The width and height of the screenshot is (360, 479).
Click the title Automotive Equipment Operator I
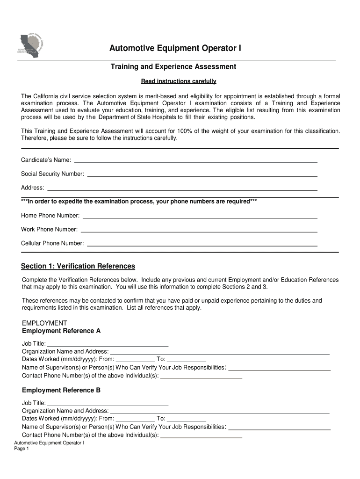click(175, 49)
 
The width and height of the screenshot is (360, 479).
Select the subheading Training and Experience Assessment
click(173, 67)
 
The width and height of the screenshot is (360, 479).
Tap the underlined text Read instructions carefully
click(179, 81)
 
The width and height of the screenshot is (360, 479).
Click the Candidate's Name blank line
click(196, 160)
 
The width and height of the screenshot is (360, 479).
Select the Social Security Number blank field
click(202, 174)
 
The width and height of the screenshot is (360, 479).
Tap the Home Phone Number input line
click(200, 216)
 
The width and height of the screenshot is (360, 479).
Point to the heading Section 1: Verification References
click(78, 266)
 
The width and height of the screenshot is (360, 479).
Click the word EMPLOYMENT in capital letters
click(45, 323)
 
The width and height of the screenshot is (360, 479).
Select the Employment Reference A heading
click(61, 331)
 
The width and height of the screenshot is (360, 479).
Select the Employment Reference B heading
click(61, 390)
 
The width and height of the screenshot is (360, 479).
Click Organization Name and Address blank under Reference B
click(220, 411)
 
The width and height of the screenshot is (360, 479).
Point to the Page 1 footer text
click(22, 449)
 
